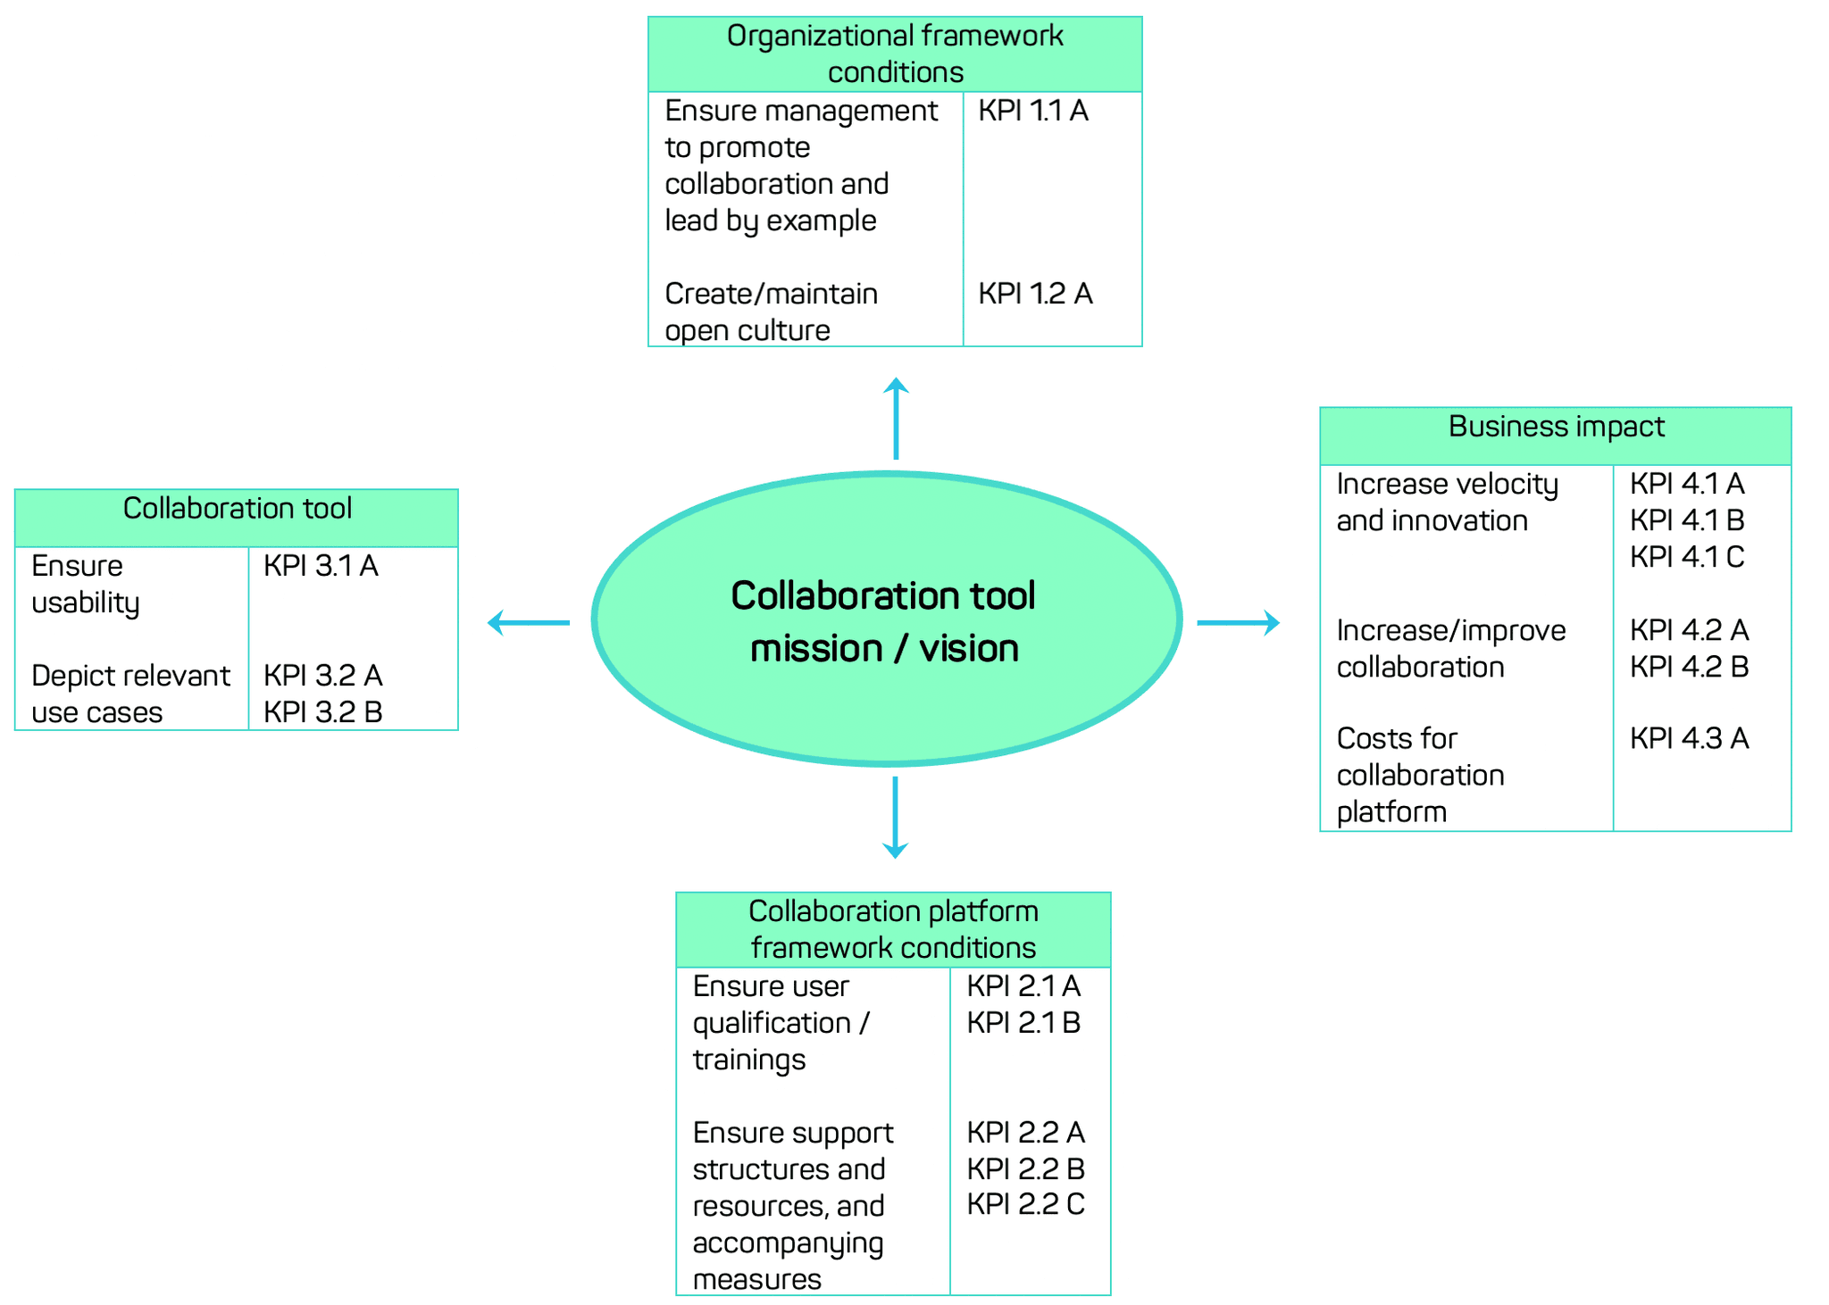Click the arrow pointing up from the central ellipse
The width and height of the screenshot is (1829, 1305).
(896, 418)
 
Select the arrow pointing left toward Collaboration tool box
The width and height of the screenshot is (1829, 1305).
(529, 622)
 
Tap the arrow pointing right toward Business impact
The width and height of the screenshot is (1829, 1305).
(1238, 622)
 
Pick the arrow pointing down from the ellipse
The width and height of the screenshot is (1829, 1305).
(895, 817)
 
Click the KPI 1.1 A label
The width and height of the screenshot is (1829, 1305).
(1033, 111)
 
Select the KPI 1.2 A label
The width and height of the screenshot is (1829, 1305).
(1035, 294)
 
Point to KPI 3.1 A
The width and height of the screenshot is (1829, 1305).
(321, 566)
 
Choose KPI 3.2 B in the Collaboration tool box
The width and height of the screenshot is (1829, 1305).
(322, 712)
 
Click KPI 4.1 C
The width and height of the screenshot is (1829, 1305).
(1687, 557)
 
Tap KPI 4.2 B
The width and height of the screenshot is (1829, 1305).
(1689, 667)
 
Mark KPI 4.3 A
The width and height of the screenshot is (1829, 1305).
(1689, 738)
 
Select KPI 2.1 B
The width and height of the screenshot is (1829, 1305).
(1023, 1023)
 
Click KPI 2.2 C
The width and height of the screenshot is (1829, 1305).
(1025, 1204)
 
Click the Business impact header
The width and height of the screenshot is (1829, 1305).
(1556, 427)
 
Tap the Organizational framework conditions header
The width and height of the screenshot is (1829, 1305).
(895, 54)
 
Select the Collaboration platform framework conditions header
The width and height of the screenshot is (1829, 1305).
(893, 929)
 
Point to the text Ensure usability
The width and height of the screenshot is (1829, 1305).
(86, 584)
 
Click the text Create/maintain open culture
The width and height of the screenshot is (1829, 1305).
(771, 312)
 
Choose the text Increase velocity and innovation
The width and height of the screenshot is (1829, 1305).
(1447, 502)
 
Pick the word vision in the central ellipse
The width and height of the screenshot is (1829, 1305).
(969, 649)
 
